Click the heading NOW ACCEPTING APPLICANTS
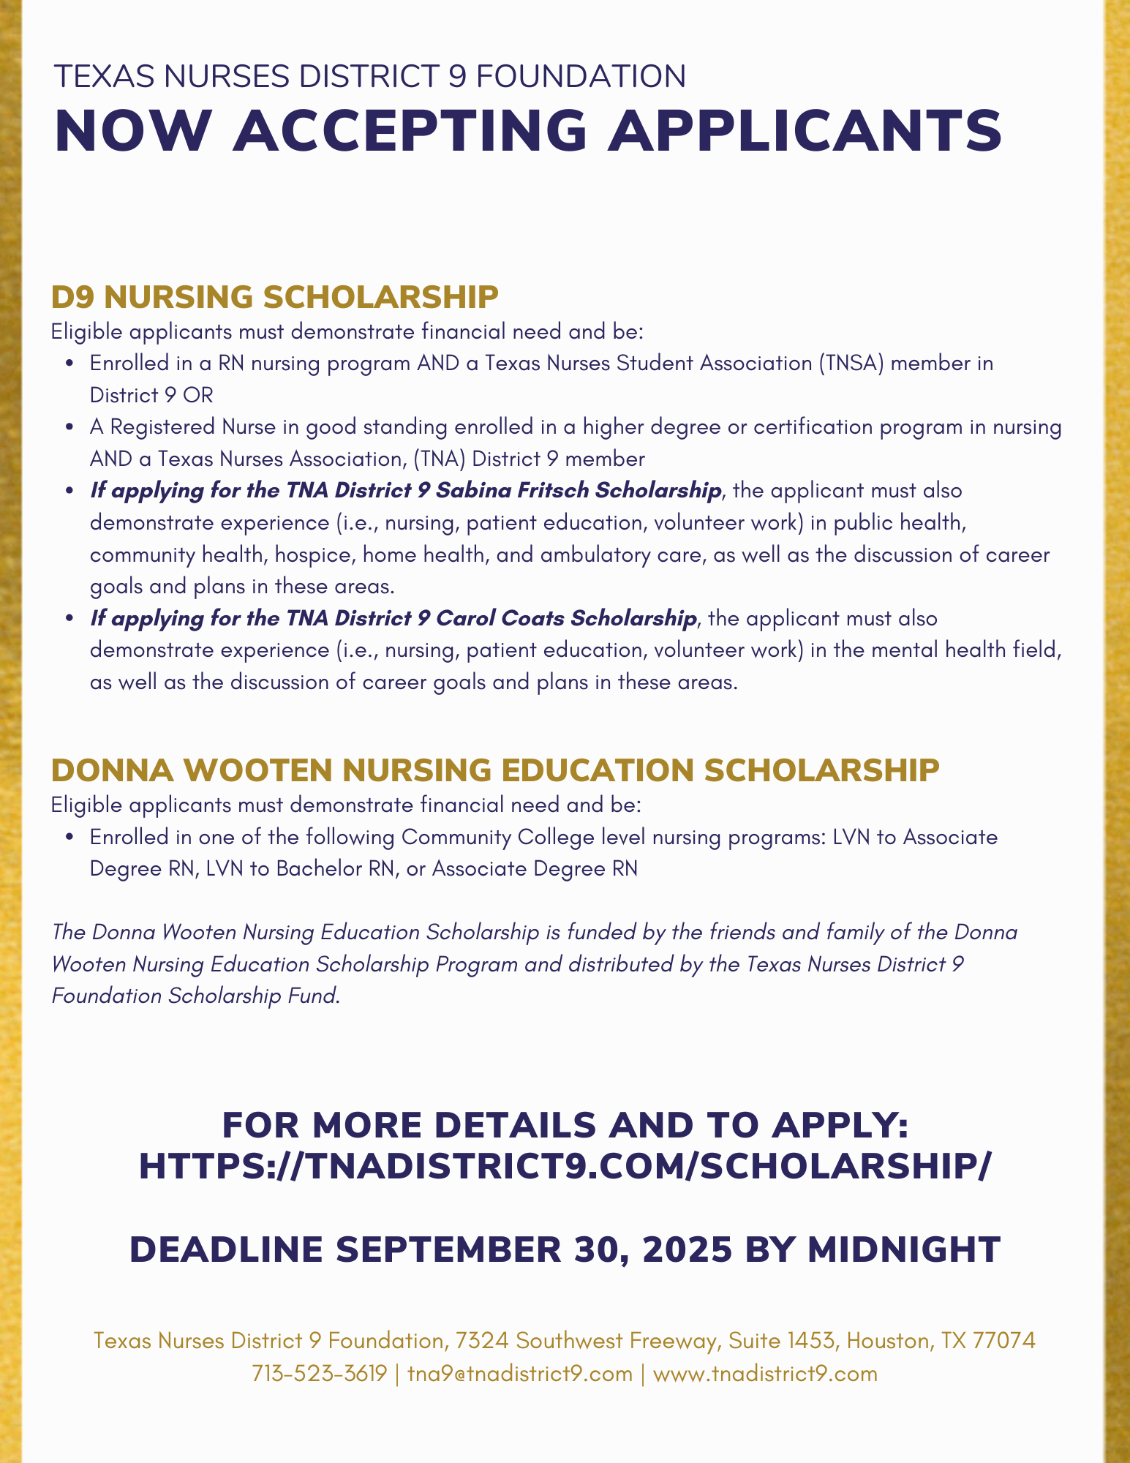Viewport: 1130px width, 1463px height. pos(527,131)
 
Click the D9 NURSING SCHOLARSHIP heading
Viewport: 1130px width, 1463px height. pos(274,297)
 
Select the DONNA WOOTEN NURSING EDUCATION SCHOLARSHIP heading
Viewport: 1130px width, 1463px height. pos(495,770)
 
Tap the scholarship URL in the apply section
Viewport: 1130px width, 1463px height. pos(565,1165)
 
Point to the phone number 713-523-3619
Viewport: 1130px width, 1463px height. pos(319,1374)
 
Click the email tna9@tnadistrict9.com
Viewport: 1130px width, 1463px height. pos(519,1374)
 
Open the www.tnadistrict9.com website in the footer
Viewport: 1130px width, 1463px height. pos(764,1374)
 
